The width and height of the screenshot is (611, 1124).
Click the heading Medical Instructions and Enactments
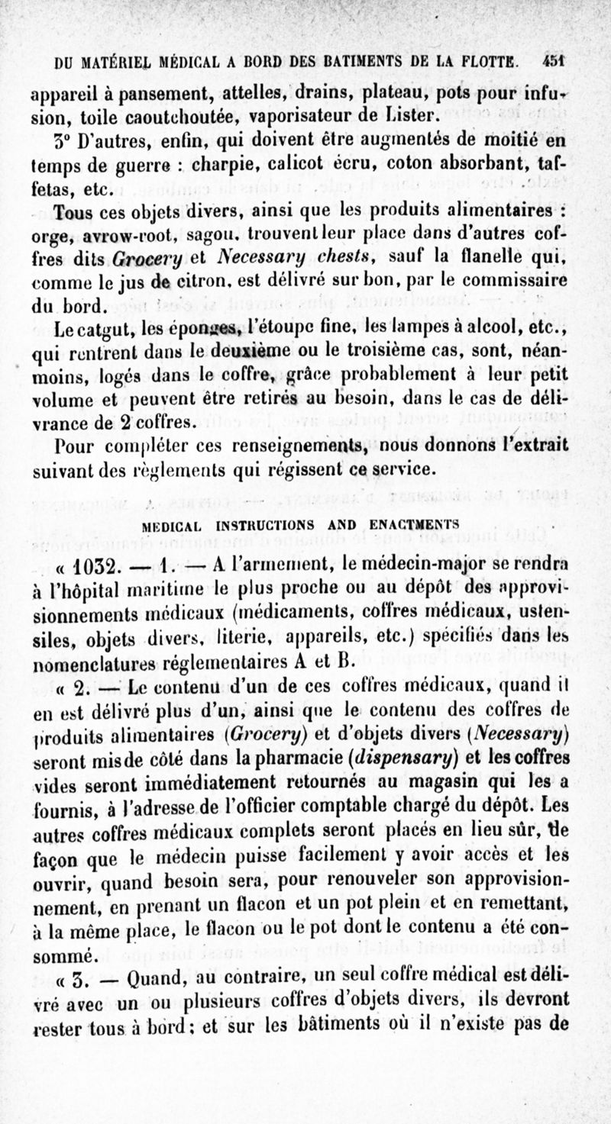point(301,525)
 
